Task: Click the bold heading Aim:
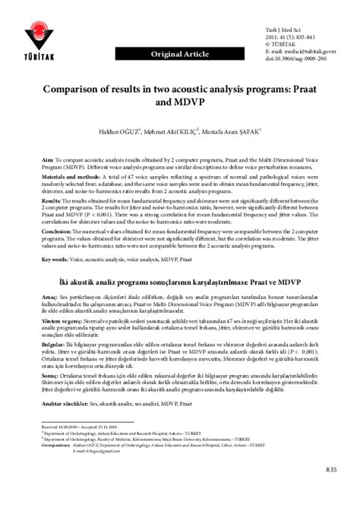coord(48,161)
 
